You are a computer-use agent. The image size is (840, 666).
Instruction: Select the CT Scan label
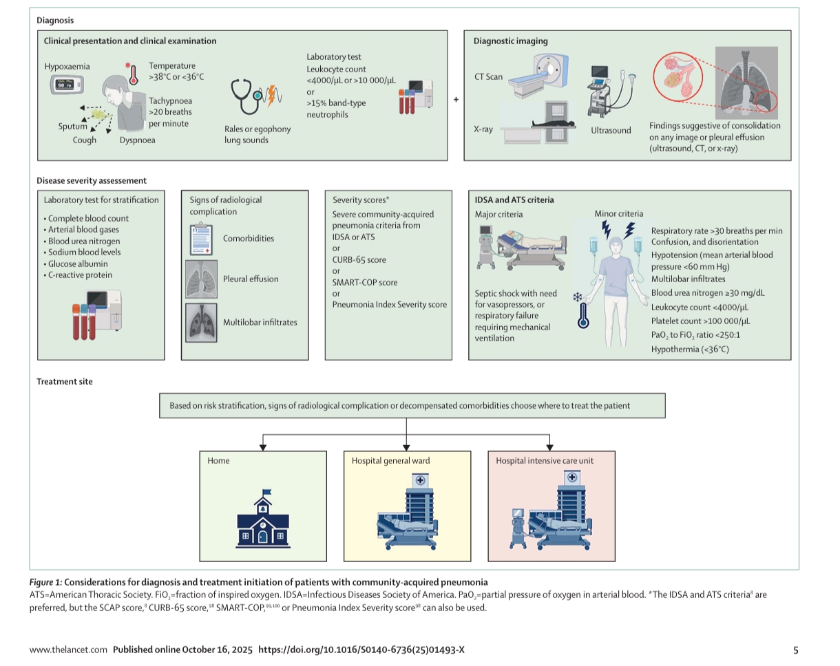point(488,77)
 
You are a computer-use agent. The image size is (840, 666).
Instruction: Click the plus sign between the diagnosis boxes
point(456,100)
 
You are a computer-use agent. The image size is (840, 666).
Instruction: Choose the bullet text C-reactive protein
point(80,275)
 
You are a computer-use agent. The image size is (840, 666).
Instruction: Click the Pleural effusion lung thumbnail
point(201,279)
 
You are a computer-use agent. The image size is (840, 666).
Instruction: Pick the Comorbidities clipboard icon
point(201,239)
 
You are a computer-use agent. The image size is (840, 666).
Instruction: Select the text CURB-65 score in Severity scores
point(359,260)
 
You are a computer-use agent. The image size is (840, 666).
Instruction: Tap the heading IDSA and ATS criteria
point(514,200)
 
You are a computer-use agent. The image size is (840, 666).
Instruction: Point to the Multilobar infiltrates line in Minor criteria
point(688,279)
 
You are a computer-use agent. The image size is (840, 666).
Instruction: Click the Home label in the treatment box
point(218,461)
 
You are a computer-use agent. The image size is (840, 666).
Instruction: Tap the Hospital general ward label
point(390,461)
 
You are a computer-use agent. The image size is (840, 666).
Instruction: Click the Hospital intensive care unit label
point(545,461)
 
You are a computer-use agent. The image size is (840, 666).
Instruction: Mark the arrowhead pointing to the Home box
point(263,447)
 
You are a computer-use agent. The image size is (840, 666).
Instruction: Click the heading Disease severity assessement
point(92,181)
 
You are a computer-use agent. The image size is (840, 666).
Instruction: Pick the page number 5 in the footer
point(796,649)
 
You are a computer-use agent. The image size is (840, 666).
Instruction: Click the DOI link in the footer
point(361,649)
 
